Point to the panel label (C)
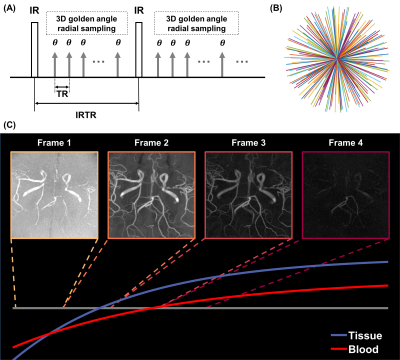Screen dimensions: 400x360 (x=9, y=125)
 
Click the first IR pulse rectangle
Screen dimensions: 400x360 (x=35, y=50)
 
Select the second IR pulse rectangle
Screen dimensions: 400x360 (x=139, y=50)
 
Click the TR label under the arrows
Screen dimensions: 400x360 (x=62, y=94)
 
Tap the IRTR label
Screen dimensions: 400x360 (x=86, y=115)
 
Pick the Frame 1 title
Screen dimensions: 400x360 (x=54, y=143)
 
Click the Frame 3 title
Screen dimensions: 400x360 (x=249, y=143)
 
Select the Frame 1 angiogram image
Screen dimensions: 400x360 (x=54, y=195)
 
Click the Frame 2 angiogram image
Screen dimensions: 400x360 (x=152, y=195)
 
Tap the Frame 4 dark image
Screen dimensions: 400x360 (x=346, y=195)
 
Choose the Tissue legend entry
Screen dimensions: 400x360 (x=356, y=335)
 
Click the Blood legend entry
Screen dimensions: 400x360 (x=355, y=349)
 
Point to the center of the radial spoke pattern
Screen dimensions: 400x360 (x=337, y=59)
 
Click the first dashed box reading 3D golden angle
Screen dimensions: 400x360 (x=87, y=23)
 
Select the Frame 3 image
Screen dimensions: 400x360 (x=249, y=195)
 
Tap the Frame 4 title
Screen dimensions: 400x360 (x=346, y=143)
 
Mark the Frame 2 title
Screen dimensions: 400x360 (x=152, y=143)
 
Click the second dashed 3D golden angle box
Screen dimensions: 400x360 (x=196, y=23)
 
